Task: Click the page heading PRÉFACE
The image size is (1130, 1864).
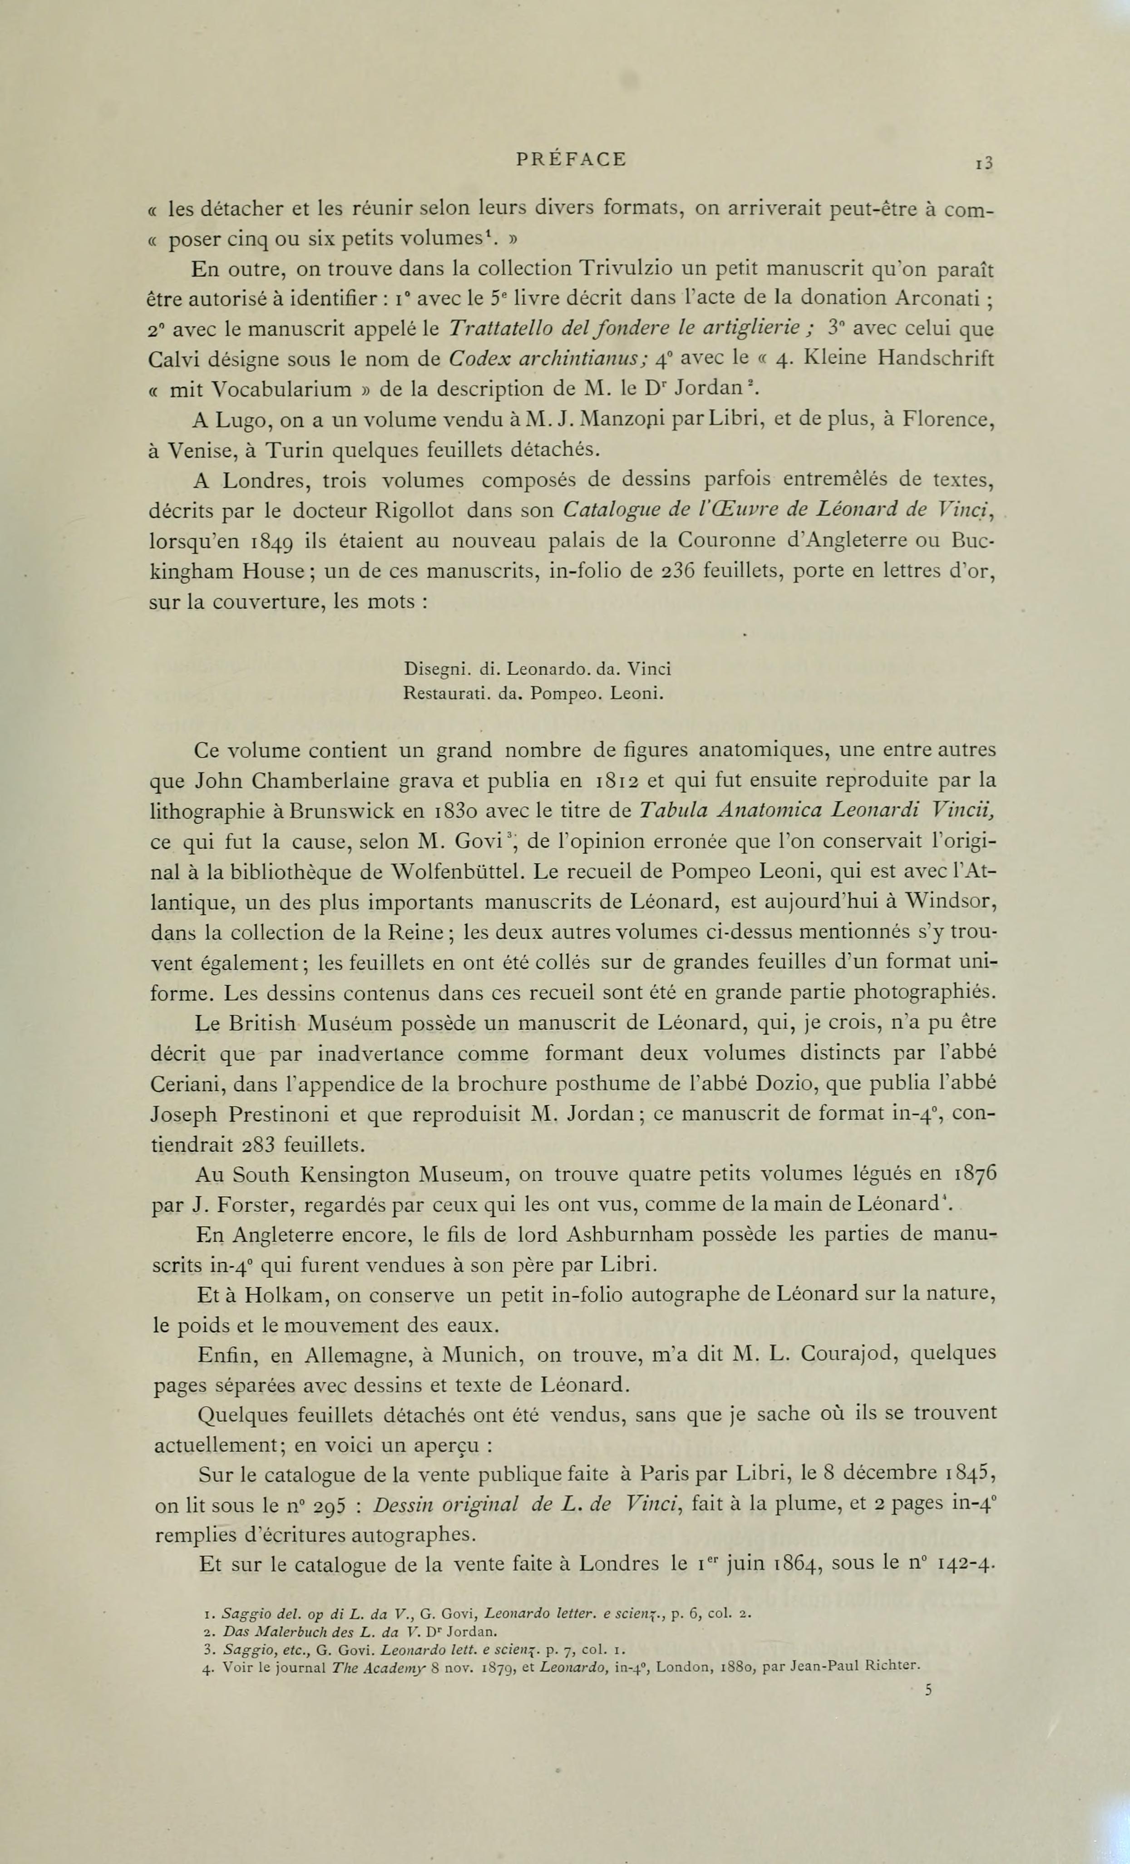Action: click(x=571, y=160)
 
